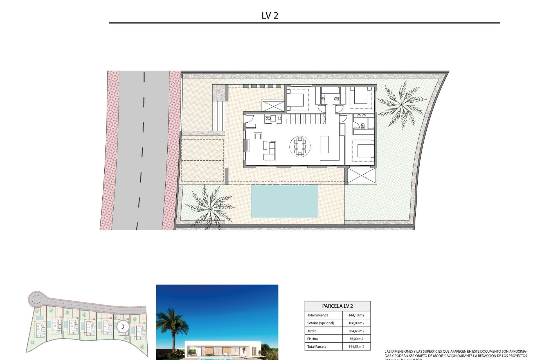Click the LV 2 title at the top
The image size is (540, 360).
[x=270, y=15]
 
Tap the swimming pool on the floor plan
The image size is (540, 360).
[x=284, y=201]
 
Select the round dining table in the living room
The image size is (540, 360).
[x=300, y=146]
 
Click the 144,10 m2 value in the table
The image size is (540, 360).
[x=356, y=315]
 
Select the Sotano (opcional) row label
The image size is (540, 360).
[x=321, y=323]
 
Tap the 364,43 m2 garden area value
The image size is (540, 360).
[x=356, y=331]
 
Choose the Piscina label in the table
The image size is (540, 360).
[x=312, y=339]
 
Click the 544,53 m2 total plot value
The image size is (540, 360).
[x=356, y=347]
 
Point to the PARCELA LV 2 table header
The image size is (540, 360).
[x=337, y=306]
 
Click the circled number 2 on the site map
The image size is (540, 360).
[x=123, y=327]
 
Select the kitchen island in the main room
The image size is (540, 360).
[x=324, y=144]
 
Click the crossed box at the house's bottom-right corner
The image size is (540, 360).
[x=361, y=176]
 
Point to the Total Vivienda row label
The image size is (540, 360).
[x=318, y=315]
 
